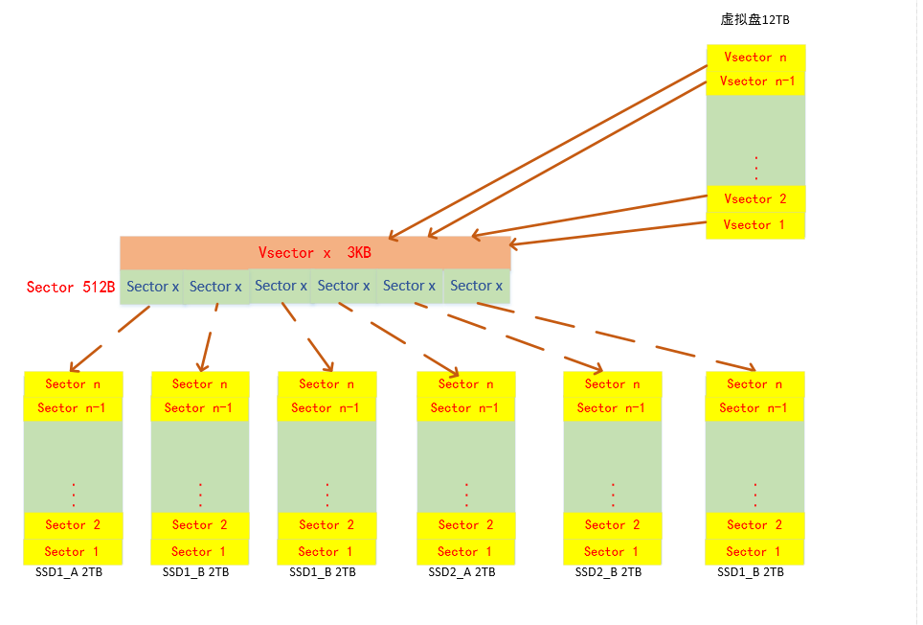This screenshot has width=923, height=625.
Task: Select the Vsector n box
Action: (755, 57)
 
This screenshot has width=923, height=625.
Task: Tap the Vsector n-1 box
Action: (756, 81)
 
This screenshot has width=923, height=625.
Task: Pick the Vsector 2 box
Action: (755, 198)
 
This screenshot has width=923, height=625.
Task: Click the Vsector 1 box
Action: (755, 225)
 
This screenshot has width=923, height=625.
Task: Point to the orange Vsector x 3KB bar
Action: (315, 253)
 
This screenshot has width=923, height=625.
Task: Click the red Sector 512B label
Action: (71, 287)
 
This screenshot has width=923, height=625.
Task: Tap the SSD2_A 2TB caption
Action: (462, 572)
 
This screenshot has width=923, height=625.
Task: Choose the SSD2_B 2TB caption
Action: (609, 572)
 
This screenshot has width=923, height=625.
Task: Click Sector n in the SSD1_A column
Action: (73, 383)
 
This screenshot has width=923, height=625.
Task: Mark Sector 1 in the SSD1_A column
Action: (73, 551)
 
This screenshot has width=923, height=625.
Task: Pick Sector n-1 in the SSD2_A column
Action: (465, 407)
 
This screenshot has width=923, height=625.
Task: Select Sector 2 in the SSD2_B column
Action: (612, 524)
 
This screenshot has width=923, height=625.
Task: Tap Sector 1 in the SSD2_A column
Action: (465, 551)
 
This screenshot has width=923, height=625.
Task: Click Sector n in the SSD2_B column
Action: (612, 383)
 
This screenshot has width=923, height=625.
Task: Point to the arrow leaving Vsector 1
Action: (608, 234)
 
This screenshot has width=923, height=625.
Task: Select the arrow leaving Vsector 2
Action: (589, 217)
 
